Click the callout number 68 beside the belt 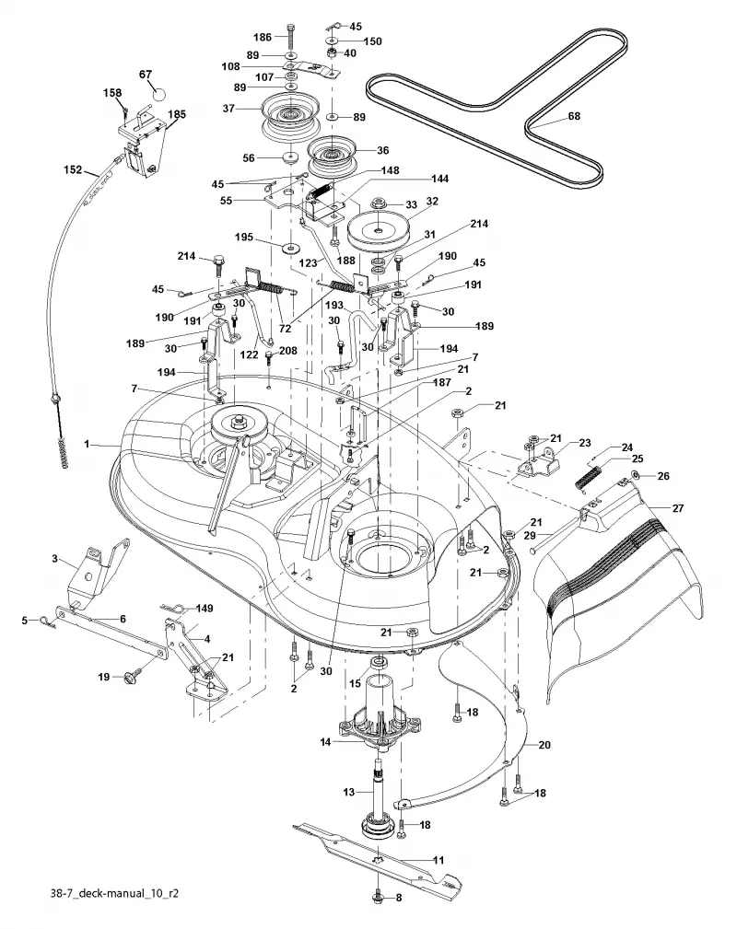click(574, 116)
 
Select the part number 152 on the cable click(73, 170)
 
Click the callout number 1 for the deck click(88, 444)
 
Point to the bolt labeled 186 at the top click(290, 38)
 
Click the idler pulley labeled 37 click(291, 115)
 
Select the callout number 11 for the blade click(439, 860)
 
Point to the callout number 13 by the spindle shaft click(348, 792)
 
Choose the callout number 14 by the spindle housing click(325, 741)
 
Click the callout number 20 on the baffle click(544, 745)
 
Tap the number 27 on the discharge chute click(678, 507)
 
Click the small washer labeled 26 click(635, 474)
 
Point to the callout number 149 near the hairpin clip click(204, 608)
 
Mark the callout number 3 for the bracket click(55, 558)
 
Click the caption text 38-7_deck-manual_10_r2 click(114, 893)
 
